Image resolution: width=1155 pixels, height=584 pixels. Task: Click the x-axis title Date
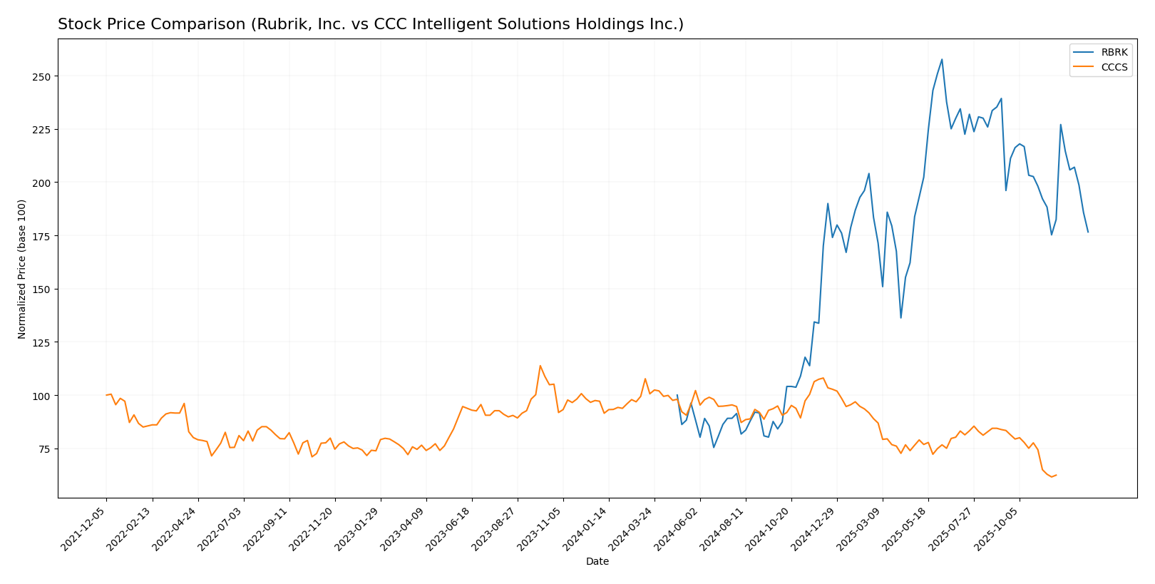597,562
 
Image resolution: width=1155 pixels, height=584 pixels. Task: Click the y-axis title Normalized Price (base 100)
22,269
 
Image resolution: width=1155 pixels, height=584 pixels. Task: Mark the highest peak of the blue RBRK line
942,59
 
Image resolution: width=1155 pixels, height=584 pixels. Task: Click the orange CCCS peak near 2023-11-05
540,366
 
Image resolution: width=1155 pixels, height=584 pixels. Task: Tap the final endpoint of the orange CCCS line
1056,475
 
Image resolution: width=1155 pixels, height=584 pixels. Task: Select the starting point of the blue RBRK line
677,395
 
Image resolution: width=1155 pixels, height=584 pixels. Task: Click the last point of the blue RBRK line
1088,232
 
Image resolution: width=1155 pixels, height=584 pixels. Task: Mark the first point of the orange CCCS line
106,395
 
